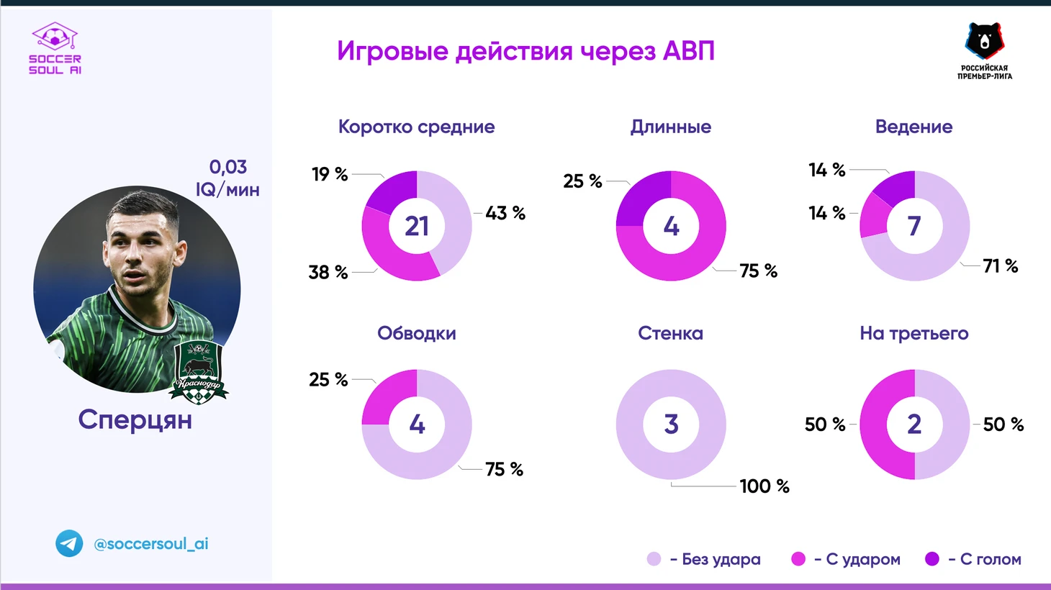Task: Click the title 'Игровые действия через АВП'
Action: click(525, 52)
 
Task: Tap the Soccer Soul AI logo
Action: click(55, 48)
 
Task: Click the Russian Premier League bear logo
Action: click(984, 49)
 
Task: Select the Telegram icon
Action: click(70, 544)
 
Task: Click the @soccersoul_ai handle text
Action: click(151, 544)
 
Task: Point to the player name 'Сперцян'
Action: click(135, 419)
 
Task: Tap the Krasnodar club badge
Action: click(198, 371)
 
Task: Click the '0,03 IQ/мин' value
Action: click(227, 178)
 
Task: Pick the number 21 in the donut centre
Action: click(417, 226)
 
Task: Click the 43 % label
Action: click(505, 213)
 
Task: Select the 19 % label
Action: click(330, 174)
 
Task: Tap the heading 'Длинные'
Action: click(670, 127)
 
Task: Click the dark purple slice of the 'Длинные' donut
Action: click(642, 198)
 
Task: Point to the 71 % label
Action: click(1001, 266)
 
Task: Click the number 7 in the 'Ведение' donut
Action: click(914, 226)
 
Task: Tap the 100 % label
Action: click(764, 486)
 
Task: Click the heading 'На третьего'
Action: click(914, 334)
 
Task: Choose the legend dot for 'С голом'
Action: click(932, 559)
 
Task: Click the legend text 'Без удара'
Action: click(721, 559)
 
